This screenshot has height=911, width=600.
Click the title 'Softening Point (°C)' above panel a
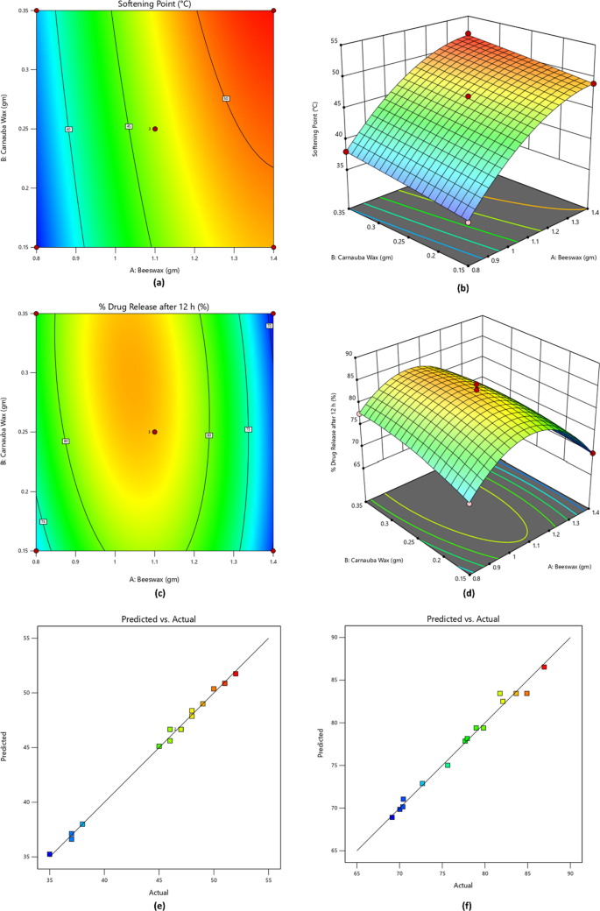point(155,4)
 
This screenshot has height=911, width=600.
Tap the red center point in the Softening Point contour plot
point(155,129)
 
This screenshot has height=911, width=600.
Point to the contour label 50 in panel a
point(225,98)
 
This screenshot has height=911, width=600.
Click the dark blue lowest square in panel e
point(50,853)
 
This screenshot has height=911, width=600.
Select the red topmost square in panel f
point(544,667)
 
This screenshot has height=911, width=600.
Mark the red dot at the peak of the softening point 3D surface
point(468,34)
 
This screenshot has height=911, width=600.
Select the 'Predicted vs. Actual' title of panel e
point(158,619)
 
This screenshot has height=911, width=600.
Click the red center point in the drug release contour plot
point(155,432)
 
